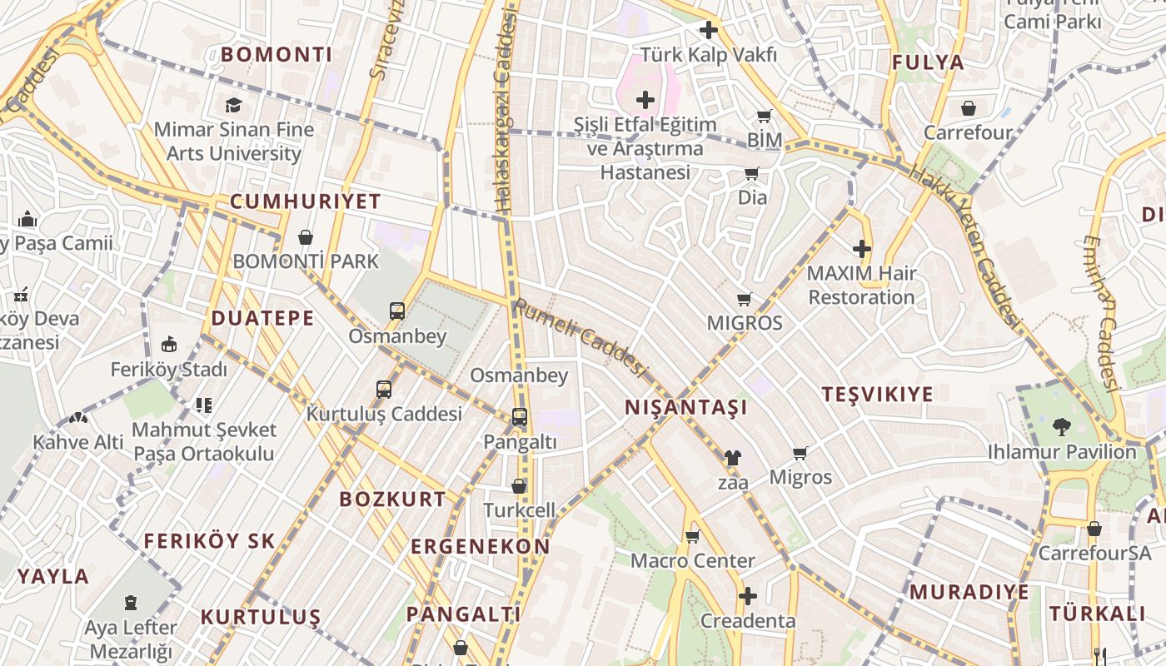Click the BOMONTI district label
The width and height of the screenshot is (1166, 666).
(x=276, y=55)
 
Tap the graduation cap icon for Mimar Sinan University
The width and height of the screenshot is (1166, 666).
(x=233, y=106)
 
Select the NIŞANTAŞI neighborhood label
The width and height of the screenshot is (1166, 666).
(x=685, y=407)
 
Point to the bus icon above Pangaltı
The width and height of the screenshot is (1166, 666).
(x=519, y=417)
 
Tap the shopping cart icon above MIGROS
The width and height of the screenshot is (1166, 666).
(x=744, y=299)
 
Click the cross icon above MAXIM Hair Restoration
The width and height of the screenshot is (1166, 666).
(x=861, y=249)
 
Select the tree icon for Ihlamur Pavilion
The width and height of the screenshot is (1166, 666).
(x=1061, y=427)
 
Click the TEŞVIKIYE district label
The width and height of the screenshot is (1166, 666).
(x=877, y=395)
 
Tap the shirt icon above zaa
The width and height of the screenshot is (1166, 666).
(x=732, y=457)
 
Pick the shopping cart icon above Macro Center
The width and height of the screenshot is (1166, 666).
(x=692, y=537)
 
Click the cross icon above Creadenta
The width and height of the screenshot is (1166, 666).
(x=748, y=596)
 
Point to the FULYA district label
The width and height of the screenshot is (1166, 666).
(x=927, y=62)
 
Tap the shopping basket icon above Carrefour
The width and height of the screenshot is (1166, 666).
(x=968, y=108)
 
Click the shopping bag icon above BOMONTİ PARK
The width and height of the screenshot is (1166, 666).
(x=306, y=237)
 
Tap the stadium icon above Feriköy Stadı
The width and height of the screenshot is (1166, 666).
(x=169, y=345)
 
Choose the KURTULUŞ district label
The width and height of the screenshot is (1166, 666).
(x=260, y=617)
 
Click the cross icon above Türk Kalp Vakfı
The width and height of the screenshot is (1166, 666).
(x=708, y=31)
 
